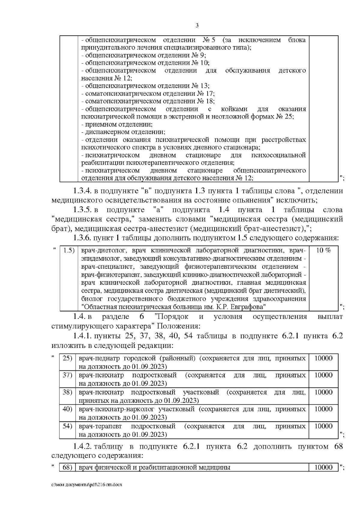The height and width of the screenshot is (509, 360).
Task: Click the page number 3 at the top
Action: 197,25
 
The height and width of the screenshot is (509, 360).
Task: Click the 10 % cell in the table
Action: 323,250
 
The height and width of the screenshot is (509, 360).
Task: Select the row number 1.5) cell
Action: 69,250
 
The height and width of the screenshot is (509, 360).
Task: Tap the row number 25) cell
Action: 68,358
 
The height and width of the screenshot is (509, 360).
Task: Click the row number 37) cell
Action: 68,375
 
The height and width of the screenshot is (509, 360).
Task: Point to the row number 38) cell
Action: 68,392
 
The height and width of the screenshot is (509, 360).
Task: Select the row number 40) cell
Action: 68,409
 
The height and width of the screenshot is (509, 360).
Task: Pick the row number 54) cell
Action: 68,426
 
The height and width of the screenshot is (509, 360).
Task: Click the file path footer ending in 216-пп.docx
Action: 87,493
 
